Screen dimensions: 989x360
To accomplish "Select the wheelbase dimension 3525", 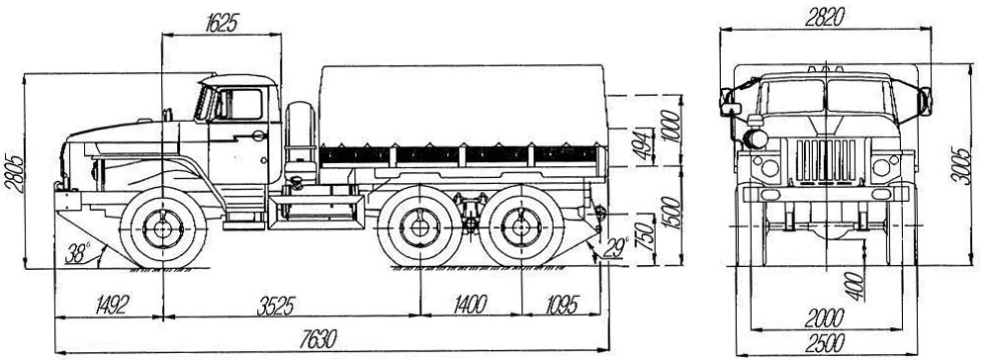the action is (x=276, y=306).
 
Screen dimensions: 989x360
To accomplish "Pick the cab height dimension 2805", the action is (x=15, y=171).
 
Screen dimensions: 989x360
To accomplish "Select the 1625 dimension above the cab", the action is (x=222, y=23).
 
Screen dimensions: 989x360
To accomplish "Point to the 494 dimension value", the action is (x=643, y=147).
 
